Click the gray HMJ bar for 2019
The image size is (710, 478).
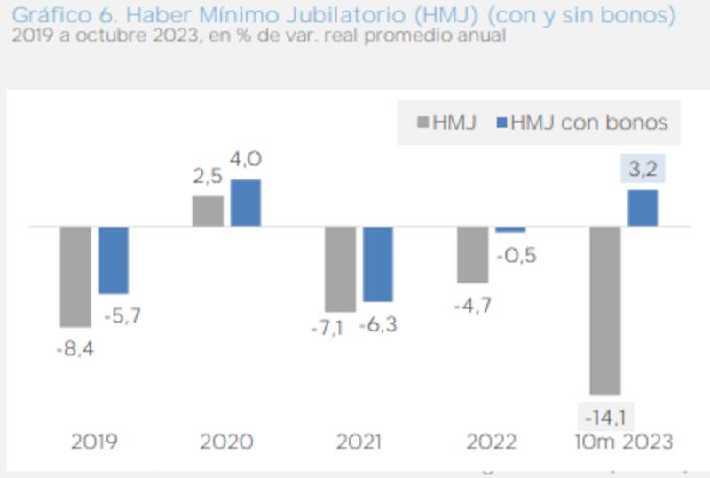[75, 276]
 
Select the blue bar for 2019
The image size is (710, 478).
[114, 259]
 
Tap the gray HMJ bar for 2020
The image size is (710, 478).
[208, 211]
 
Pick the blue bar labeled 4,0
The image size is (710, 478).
[246, 203]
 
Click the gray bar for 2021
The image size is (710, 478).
[340, 269]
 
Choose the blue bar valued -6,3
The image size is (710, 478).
[378, 264]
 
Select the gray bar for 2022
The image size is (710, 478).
[472, 254]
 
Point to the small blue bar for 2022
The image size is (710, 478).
[510, 229]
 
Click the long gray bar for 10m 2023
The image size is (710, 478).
[605, 310]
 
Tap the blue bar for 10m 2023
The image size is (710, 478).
[643, 208]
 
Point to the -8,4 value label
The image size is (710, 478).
[75, 349]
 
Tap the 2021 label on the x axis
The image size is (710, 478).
[359, 442]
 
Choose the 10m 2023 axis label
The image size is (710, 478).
[623, 442]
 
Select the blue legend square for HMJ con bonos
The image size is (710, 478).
[500, 122]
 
